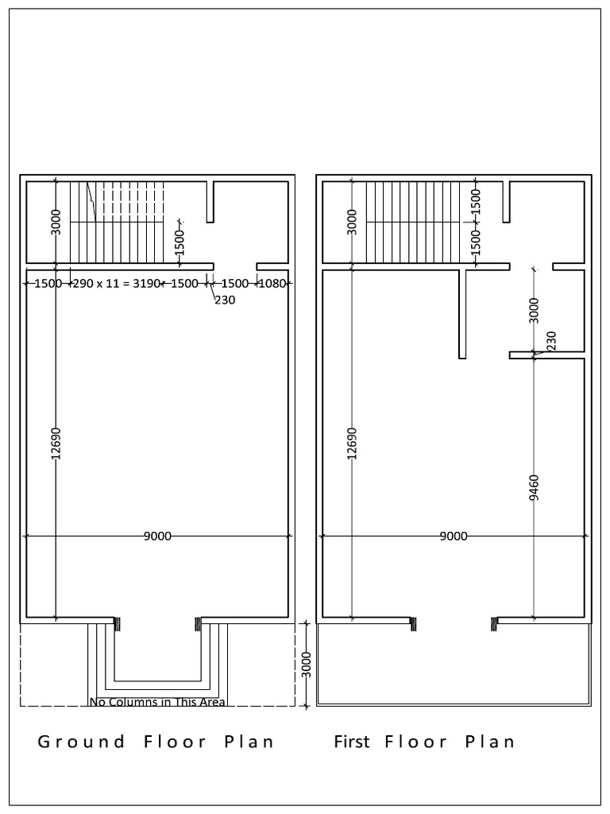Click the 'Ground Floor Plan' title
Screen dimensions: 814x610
(156, 742)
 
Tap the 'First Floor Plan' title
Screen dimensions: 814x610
(424, 742)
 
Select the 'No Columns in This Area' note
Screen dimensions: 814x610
(157, 702)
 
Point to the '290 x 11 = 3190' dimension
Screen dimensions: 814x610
(117, 283)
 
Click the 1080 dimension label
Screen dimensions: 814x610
(272, 283)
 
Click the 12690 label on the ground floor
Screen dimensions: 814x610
(55, 444)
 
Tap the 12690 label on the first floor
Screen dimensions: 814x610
(352, 444)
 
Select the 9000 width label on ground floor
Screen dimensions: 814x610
(157, 537)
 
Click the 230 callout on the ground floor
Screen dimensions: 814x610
(224, 300)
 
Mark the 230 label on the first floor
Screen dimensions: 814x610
(551, 341)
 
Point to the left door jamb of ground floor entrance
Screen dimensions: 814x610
(118, 625)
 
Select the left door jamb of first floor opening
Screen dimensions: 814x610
(412, 625)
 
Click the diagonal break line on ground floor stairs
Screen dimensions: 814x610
(91, 203)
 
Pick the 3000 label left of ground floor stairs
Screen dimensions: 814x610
(55, 222)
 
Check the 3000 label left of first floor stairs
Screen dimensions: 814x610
(352, 222)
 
